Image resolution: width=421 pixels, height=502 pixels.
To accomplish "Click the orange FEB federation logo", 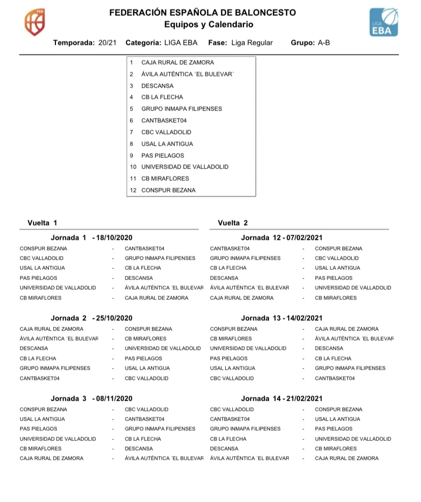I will tap(34, 22).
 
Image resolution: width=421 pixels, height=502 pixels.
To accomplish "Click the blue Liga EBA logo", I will tap(383, 22).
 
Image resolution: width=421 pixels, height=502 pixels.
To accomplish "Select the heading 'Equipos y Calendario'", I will tap(208, 24).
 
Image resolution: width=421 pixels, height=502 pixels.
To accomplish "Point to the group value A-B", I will tap(324, 43).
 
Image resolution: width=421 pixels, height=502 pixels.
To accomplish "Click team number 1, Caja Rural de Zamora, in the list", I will tap(177, 63).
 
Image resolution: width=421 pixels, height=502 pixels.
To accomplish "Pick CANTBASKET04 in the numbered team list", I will tap(164, 121).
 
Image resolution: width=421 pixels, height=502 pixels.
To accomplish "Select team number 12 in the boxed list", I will tap(168, 190).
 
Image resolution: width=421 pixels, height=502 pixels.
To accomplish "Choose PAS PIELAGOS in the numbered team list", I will tap(163, 156).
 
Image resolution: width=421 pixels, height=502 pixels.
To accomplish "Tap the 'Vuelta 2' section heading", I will tap(232, 223).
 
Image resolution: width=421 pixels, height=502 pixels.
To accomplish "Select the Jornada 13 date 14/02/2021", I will tap(305, 319).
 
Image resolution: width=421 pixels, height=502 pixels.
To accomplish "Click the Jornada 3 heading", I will tap(69, 399).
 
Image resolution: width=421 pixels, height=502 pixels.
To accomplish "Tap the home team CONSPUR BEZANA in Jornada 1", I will tap(43, 248).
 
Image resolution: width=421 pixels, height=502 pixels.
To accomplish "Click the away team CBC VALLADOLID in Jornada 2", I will tap(146, 378).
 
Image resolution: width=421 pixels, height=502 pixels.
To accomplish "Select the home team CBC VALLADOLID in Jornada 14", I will tap(232, 409).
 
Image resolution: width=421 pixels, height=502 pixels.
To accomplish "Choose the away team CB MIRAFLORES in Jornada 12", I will tap(336, 298).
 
